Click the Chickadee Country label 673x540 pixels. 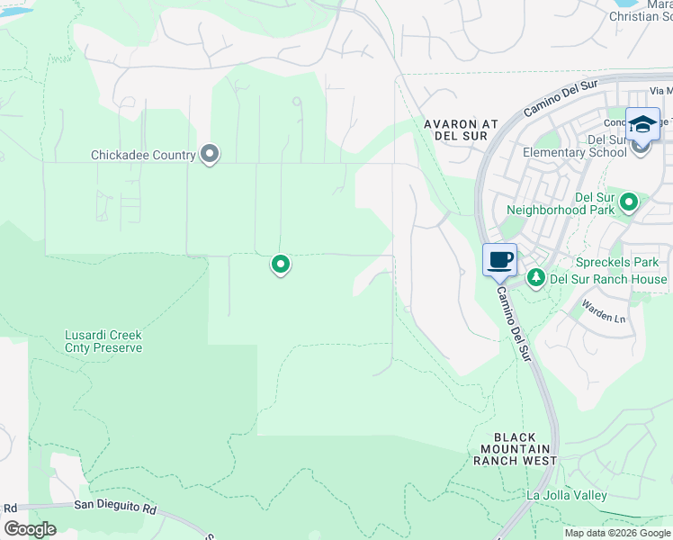[143, 155]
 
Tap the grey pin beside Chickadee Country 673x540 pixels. [210, 155]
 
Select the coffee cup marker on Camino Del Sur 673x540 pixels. [500, 261]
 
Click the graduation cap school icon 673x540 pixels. [642, 124]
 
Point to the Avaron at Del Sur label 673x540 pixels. [454, 129]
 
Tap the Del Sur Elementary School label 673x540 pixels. [581, 146]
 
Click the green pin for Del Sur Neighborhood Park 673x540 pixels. [628, 202]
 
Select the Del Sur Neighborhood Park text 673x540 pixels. [560, 202]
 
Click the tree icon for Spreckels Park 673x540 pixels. [536, 277]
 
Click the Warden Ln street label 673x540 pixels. [603, 317]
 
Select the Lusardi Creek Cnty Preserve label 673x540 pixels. [103, 341]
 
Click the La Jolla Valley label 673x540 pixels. [566, 495]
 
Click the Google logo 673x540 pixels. [30, 529]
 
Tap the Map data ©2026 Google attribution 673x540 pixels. [617, 533]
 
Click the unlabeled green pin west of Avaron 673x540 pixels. [281, 264]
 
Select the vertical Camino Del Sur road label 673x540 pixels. [515, 323]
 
